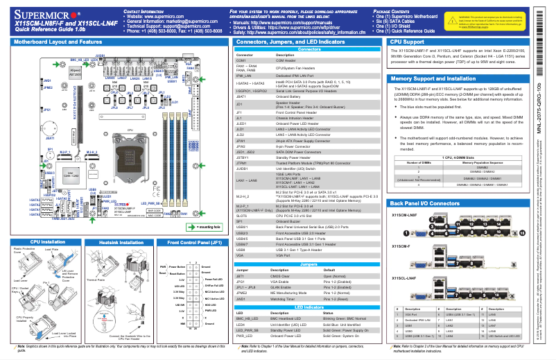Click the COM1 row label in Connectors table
(241, 61)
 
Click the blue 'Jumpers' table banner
(309, 264)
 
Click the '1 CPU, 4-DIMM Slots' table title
(458, 158)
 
